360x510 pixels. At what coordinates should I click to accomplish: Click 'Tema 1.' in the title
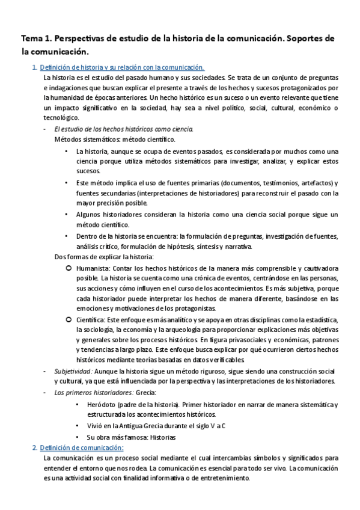(34, 38)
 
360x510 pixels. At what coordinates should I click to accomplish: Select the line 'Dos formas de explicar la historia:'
(104, 257)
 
